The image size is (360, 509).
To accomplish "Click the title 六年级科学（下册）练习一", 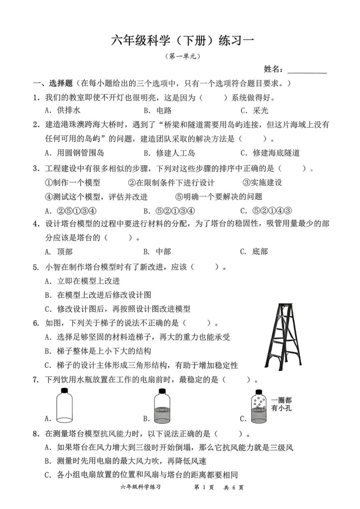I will (182, 40).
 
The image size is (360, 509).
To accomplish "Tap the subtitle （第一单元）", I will (183, 56).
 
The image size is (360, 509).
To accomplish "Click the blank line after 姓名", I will (307, 70).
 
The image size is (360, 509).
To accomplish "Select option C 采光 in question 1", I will (255, 110).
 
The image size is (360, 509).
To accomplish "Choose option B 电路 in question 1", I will (158, 110).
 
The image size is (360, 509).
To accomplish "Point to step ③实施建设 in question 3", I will (262, 182).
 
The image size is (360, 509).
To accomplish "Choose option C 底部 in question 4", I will (254, 252).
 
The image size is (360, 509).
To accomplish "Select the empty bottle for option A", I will (64, 406).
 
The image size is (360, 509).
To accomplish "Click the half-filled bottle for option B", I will (162, 406).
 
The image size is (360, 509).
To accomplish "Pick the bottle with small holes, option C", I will (259, 406).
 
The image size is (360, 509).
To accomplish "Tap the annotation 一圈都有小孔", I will (281, 404).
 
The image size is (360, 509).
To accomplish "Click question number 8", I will (36, 434).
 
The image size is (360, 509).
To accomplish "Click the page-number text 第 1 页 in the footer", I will (204, 487).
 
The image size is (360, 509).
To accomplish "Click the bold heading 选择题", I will (61, 83).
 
